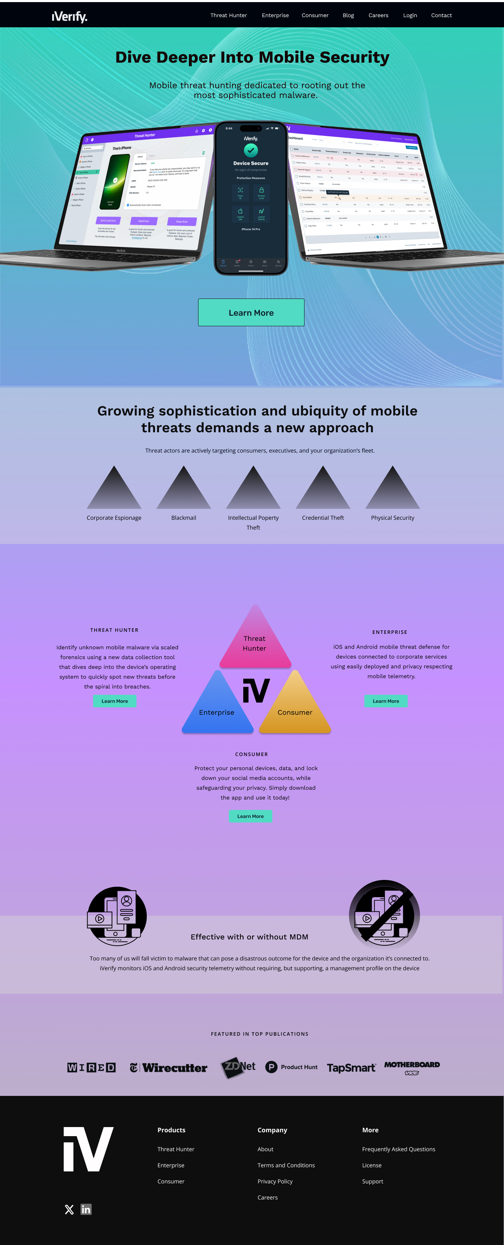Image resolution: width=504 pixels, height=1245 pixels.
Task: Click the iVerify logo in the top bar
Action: pyautogui.click(x=70, y=16)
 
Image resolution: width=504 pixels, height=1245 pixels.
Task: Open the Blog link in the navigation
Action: pyautogui.click(x=348, y=15)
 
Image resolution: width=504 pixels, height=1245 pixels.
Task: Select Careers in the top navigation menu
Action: pyautogui.click(x=378, y=15)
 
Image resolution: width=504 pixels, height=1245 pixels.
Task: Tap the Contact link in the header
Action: pyautogui.click(x=441, y=15)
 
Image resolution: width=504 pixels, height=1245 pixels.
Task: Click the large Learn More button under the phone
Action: pyautogui.click(x=251, y=313)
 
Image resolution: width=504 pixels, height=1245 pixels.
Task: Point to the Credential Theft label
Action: pyautogui.click(x=323, y=518)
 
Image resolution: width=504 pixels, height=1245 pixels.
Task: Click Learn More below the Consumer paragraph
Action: pyautogui.click(x=250, y=816)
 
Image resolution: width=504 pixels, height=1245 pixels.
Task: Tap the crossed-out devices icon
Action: pyautogui.click(x=384, y=915)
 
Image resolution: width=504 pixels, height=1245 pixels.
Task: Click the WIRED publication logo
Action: pyautogui.click(x=91, y=1068)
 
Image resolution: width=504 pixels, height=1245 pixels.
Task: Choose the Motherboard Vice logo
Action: pyautogui.click(x=412, y=1068)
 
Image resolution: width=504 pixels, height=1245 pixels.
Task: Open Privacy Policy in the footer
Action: pyautogui.click(x=275, y=1181)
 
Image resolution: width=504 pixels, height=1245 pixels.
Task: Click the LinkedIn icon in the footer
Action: pyautogui.click(x=86, y=1209)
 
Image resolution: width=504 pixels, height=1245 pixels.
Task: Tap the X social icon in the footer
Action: pyautogui.click(x=69, y=1209)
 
